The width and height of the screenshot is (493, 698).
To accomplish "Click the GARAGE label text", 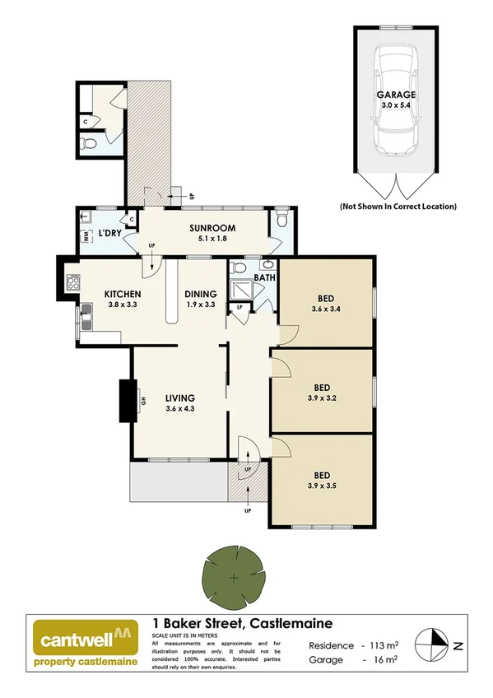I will (396, 95).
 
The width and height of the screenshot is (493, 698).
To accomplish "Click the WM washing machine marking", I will (86, 236).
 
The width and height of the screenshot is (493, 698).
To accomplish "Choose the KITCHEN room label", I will (123, 294).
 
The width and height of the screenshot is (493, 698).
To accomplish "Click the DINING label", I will (200, 294).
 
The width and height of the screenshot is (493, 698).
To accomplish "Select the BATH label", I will (264, 278).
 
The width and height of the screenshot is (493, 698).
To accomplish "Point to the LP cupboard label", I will (240, 309).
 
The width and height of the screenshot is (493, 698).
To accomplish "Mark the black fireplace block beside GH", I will (128, 400).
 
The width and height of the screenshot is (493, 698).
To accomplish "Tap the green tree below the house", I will (235, 575).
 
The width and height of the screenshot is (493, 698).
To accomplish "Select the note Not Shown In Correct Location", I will (398, 207).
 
